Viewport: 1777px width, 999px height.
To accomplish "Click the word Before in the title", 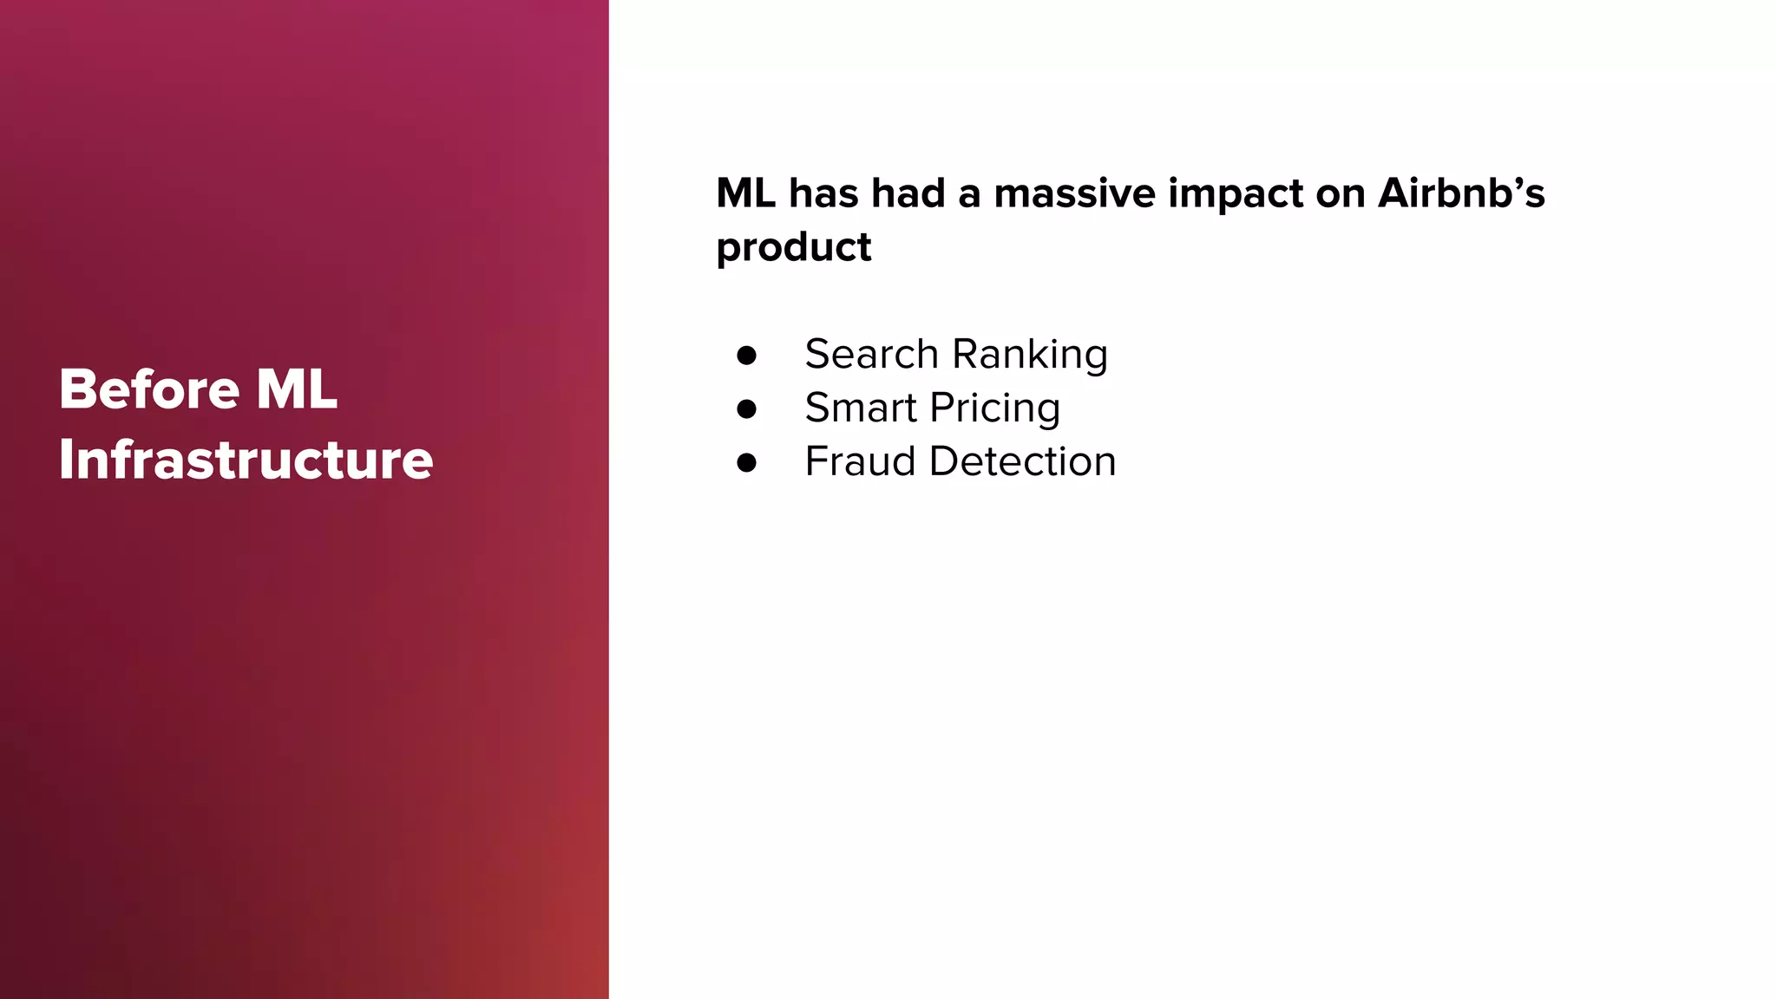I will pyautogui.click(x=148, y=389).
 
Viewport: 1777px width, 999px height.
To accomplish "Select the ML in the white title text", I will pyautogui.click(x=297, y=389).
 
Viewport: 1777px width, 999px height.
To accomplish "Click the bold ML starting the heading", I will pyautogui.click(x=745, y=193).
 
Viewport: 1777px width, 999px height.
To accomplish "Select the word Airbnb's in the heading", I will pyautogui.click(x=1461, y=193).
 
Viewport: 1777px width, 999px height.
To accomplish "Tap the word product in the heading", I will pyautogui.click(x=793, y=248).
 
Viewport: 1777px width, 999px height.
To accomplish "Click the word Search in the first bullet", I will pyautogui.click(x=871, y=354).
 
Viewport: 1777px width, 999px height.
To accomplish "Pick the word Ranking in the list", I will pyautogui.click(x=1030, y=356).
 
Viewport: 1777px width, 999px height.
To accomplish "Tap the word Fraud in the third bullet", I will pyautogui.click(x=860, y=461).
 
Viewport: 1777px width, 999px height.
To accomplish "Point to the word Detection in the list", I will pyautogui.click(x=1022, y=461).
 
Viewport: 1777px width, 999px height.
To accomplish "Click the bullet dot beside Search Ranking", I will pyautogui.click(x=746, y=356).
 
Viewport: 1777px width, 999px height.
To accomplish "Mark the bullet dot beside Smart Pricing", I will pyautogui.click(x=746, y=409).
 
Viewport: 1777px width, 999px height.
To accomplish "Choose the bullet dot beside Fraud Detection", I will pyautogui.click(x=746, y=463).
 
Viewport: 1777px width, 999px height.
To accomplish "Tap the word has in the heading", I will pyautogui.click(x=823, y=193).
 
